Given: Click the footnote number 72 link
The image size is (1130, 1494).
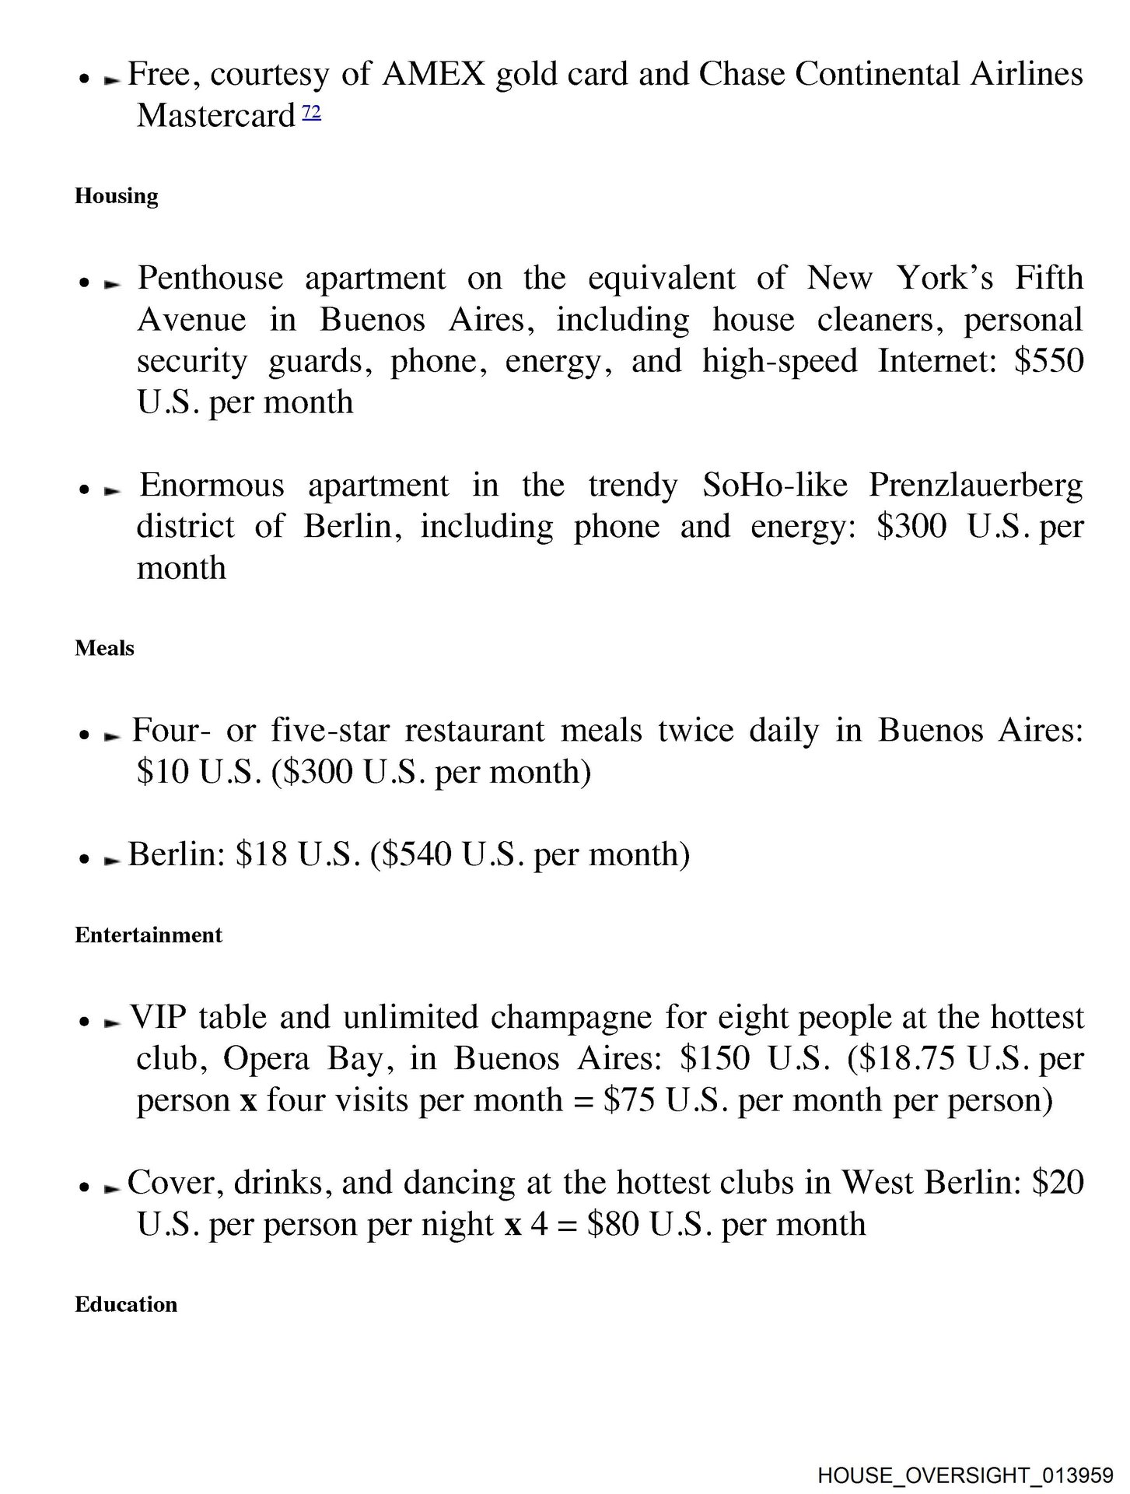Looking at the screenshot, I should click(311, 113).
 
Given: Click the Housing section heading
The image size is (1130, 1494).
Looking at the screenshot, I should click(117, 196).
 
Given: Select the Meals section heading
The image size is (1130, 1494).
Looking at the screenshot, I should click(104, 648).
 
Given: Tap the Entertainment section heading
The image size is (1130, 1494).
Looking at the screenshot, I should click(149, 935).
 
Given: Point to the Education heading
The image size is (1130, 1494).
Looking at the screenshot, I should click(126, 1304).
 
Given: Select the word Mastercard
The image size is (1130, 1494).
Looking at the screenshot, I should click(215, 117).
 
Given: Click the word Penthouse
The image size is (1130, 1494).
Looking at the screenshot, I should click(210, 279).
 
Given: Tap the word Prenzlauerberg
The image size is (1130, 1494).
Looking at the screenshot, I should click(975, 486).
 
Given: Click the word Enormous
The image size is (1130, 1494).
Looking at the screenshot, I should click(212, 486).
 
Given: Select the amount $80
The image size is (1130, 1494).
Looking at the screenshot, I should click(614, 1225).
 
